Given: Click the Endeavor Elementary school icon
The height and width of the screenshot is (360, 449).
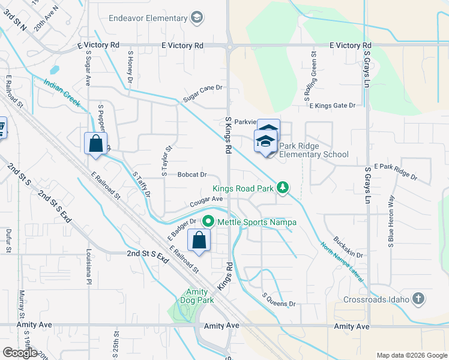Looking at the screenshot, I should [x=196, y=18].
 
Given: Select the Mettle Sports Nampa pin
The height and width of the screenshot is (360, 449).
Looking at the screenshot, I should [x=208, y=221].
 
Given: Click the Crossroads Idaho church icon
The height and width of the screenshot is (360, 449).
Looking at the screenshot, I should [x=418, y=299].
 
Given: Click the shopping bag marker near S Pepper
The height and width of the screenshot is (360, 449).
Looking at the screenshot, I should [x=95, y=144].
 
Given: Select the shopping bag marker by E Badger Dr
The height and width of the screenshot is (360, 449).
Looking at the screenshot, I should [x=199, y=241].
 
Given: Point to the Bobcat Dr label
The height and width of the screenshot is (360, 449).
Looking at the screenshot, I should [x=192, y=175].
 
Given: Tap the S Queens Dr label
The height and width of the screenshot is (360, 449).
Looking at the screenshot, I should [x=279, y=300].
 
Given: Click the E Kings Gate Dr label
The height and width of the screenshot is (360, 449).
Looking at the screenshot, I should [x=332, y=106].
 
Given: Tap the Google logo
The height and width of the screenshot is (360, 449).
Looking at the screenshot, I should [x=20, y=352].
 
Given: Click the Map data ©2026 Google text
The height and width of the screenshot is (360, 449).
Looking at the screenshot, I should [x=411, y=355].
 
